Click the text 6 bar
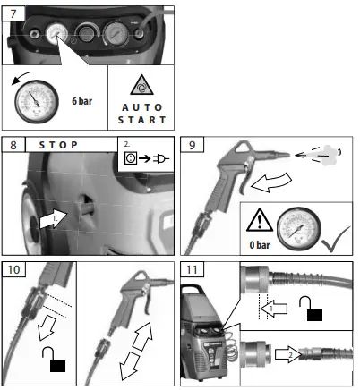(81, 101)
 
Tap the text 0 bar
(260, 243)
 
